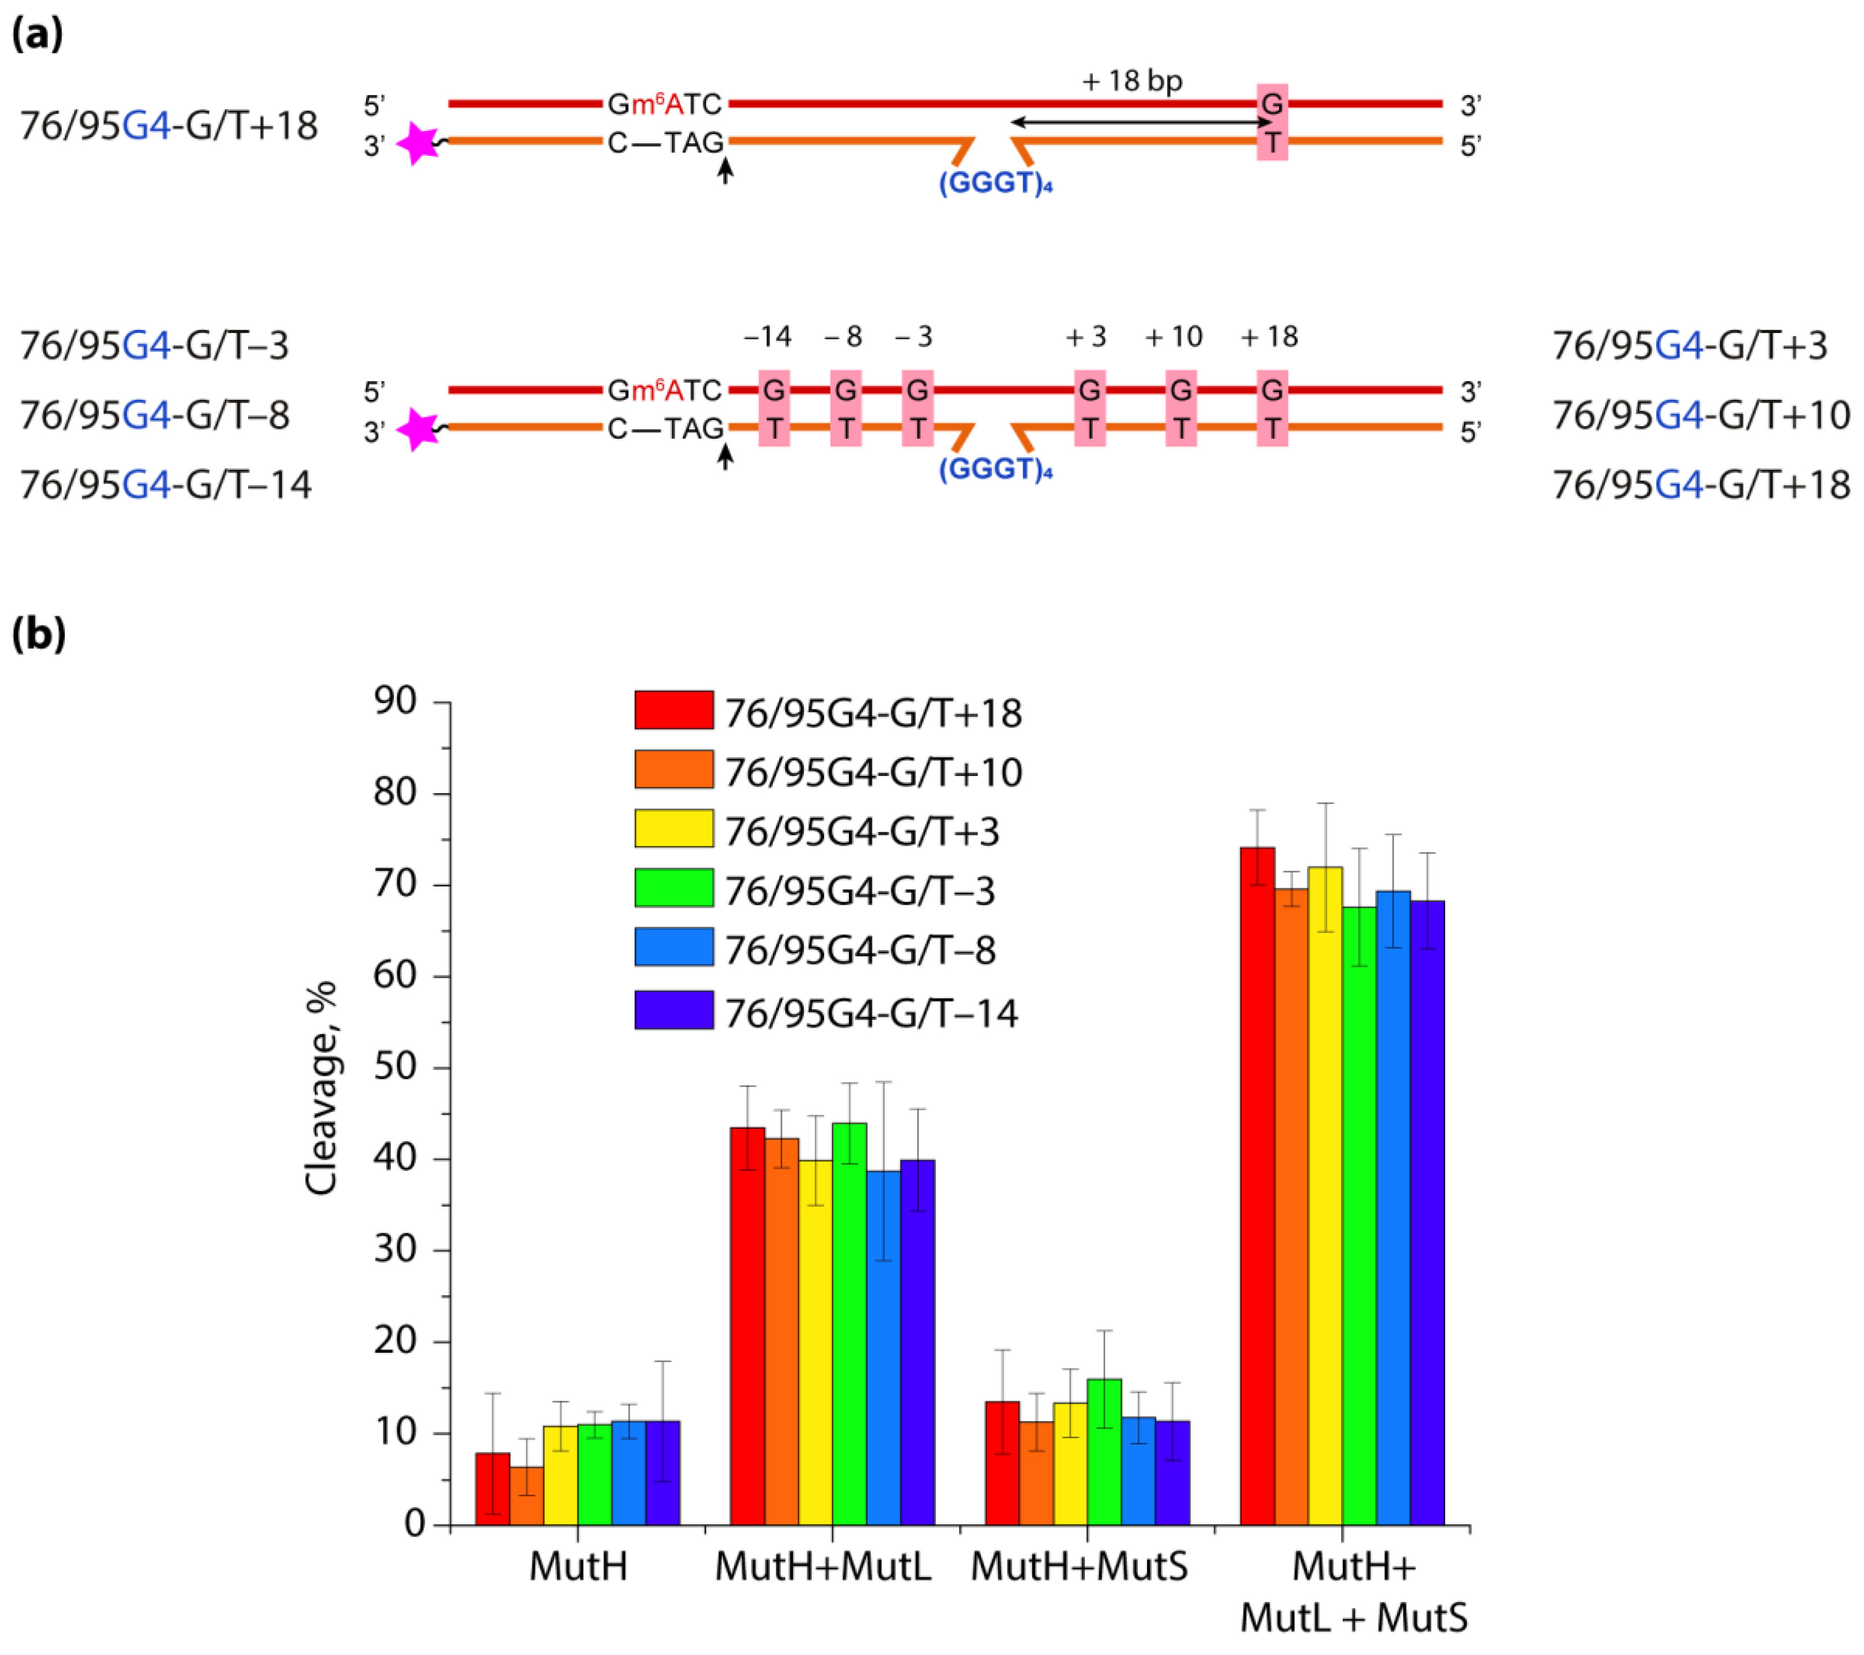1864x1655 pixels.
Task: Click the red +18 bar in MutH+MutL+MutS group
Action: [1257, 1186]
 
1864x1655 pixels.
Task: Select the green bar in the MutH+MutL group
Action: [849, 1322]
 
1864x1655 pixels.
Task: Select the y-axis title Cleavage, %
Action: [321, 1087]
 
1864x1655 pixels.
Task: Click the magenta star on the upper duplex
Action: [419, 143]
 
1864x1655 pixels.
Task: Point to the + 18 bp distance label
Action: [1132, 81]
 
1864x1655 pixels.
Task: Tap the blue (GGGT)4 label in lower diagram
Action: [996, 469]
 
